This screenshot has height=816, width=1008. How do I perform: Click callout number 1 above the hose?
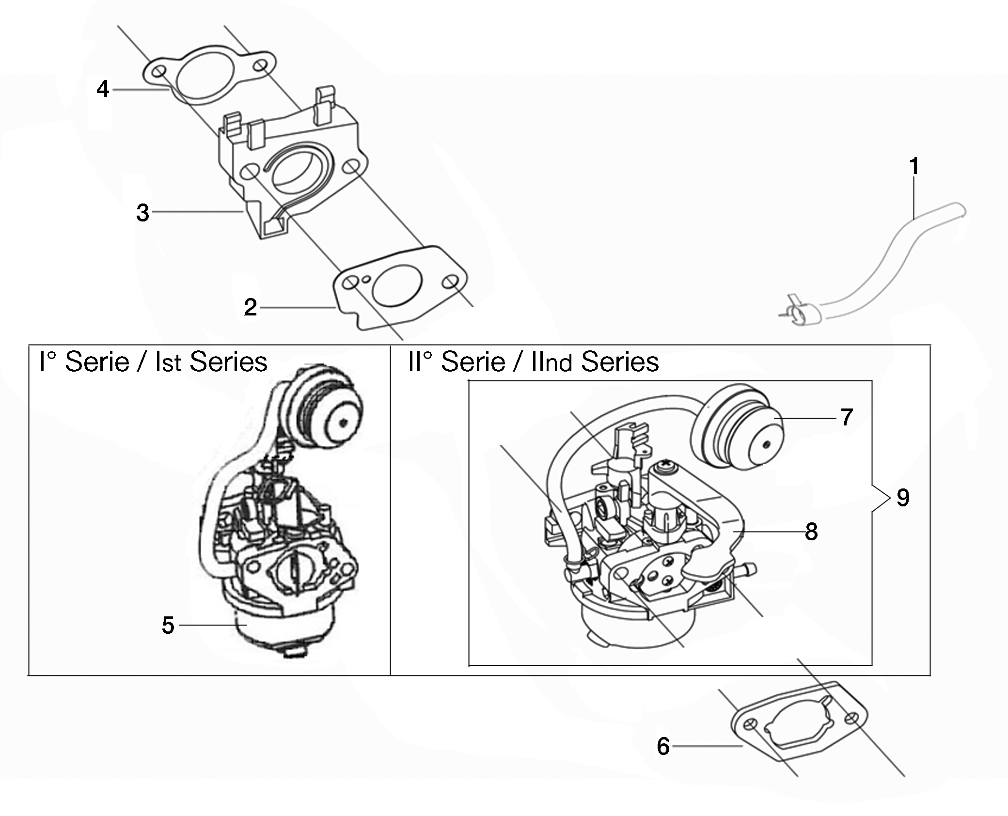(914, 166)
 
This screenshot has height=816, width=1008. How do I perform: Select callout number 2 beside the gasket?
(250, 307)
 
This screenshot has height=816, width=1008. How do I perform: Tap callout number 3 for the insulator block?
(142, 213)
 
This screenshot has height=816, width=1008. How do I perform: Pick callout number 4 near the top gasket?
(103, 89)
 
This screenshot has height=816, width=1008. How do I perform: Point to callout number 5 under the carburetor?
(168, 625)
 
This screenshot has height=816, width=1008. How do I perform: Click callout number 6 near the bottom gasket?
(663, 746)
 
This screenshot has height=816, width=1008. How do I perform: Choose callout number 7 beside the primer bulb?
(847, 417)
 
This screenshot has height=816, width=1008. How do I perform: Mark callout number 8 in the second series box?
(811, 532)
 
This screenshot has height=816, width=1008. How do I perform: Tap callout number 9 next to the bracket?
(903, 497)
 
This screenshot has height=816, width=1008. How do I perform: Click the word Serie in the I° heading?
(97, 362)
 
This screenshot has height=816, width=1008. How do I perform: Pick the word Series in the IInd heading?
(620, 362)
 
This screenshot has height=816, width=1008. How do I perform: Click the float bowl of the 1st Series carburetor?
(281, 630)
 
